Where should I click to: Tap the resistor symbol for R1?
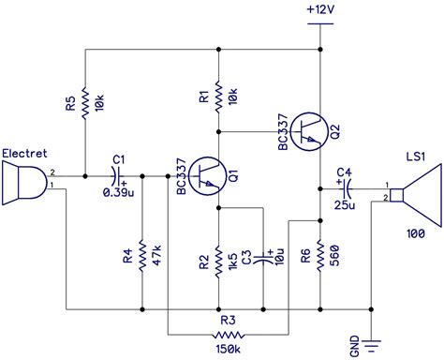(x=217, y=95)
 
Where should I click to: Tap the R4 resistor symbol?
(x=141, y=256)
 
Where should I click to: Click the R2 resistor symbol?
(x=217, y=256)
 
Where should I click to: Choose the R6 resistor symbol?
(x=320, y=256)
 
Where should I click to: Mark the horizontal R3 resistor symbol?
(x=225, y=333)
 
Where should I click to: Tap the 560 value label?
(x=335, y=256)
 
